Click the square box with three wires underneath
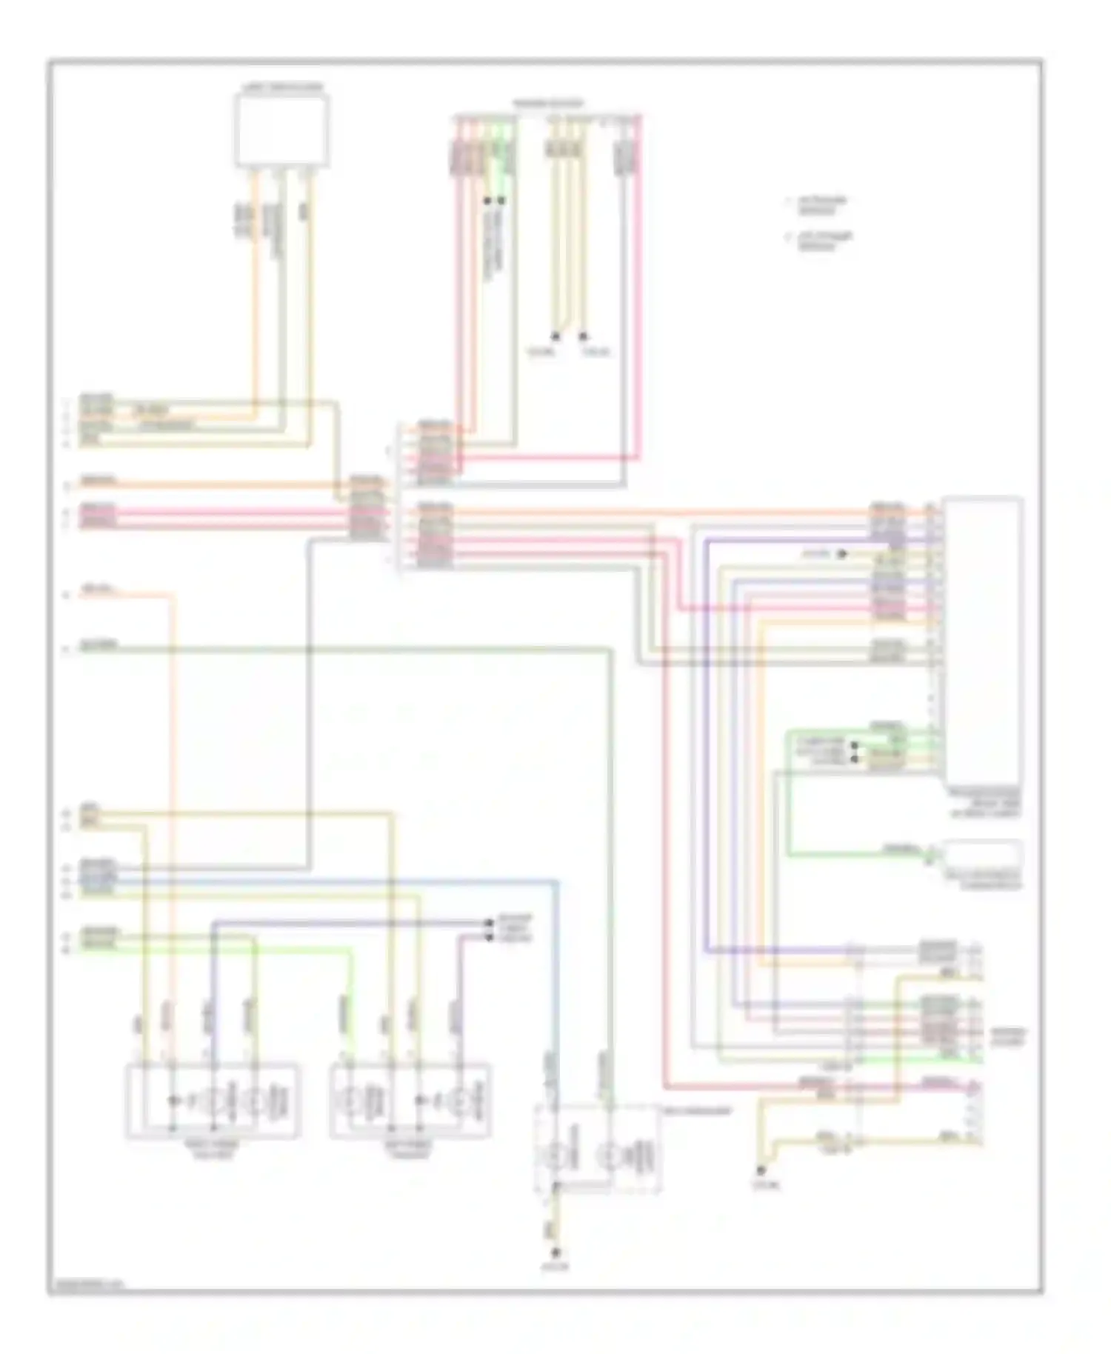(x=282, y=130)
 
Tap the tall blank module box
(x=983, y=641)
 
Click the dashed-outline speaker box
(x=597, y=1147)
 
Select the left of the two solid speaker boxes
(x=213, y=1100)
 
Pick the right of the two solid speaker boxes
(x=410, y=1100)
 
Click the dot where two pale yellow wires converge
(x=555, y=336)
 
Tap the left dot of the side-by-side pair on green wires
(x=487, y=200)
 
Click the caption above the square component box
(x=282, y=87)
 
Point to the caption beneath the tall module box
(x=985, y=803)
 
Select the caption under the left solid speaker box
(x=213, y=1149)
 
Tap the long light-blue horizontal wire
(x=333, y=881)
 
